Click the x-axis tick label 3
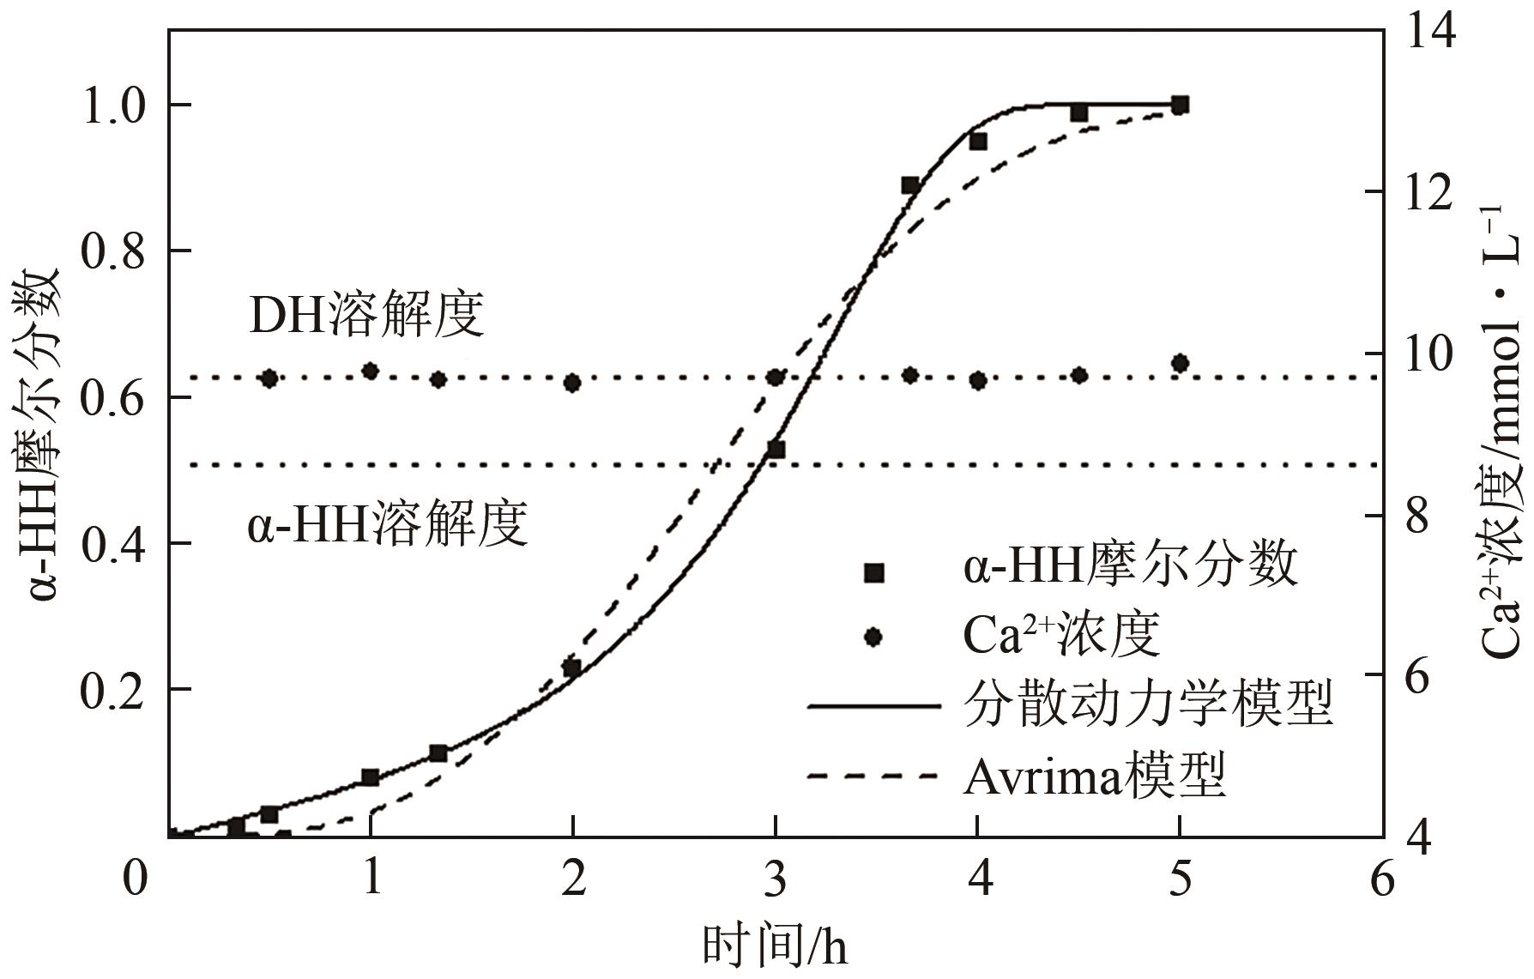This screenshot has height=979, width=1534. click(775, 881)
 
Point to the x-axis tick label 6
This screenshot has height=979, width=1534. click(1381, 881)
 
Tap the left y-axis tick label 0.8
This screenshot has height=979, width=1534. click(115, 251)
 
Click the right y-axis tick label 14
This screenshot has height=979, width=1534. click(1429, 33)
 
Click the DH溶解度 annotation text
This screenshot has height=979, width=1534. click(366, 315)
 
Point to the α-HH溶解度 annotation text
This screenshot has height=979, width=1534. click(388, 523)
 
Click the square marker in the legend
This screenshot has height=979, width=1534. click(874, 573)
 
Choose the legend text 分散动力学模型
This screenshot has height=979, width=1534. click(1148, 704)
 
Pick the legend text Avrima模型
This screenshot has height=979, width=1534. click(1094, 777)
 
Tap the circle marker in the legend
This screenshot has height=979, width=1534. click(874, 638)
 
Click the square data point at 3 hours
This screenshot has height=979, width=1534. click(776, 450)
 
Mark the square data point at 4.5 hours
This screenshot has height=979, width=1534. click(1079, 112)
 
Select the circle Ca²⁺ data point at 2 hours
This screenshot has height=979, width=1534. click(572, 383)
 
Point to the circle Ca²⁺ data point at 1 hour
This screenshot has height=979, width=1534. click(370, 371)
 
